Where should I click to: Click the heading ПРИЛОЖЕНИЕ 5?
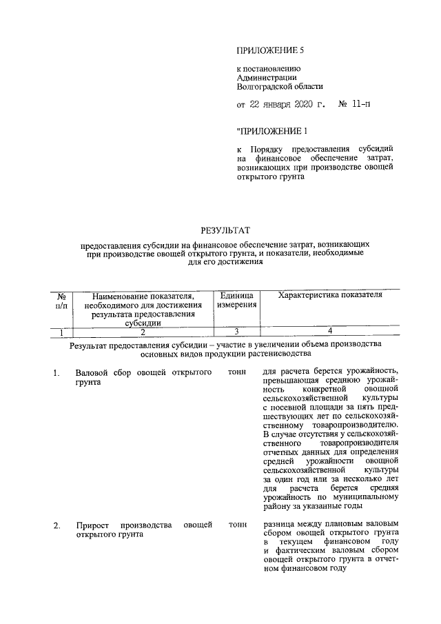coord(270,51)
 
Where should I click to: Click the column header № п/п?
coord(61,300)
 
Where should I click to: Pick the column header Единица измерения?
coord(238,300)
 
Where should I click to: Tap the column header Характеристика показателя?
coord(329,295)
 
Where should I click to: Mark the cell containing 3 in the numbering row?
coord(237,332)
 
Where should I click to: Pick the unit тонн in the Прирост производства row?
coord(237,525)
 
